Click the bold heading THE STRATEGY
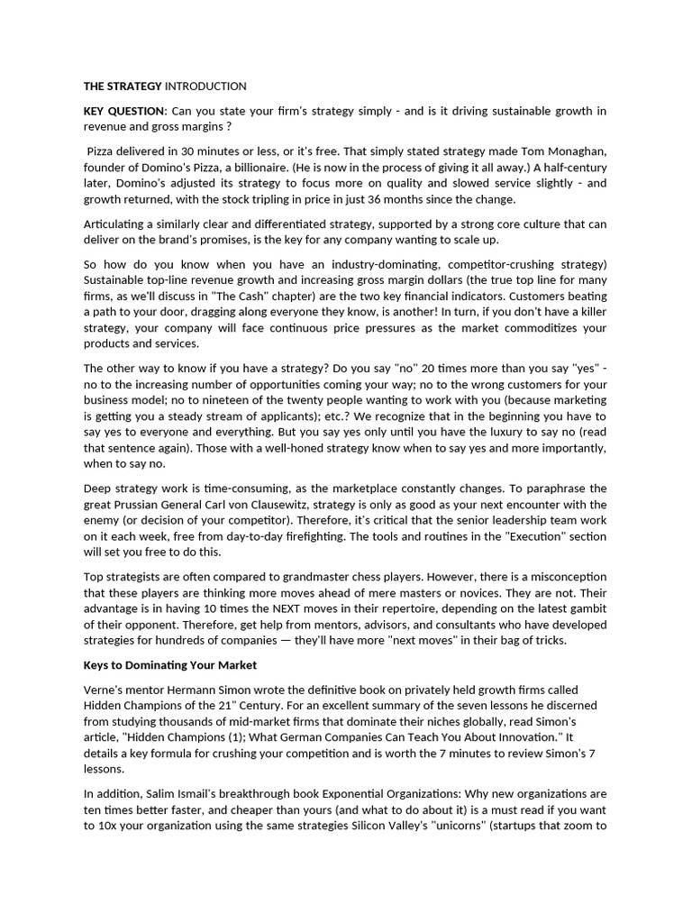tap(123, 87)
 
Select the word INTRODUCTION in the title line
tap(205, 87)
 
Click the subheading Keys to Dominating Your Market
tap(170, 665)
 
